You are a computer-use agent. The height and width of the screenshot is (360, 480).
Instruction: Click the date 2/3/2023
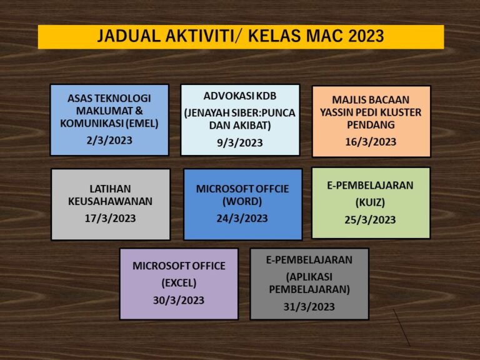tap(109, 140)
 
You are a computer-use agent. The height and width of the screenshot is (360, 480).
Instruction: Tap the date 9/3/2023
tap(240, 142)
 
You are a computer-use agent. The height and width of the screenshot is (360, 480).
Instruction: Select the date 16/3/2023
tap(371, 142)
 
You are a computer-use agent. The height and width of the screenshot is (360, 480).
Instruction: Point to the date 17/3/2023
tap(110, 218)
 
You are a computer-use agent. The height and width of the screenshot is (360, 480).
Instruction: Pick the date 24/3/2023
tap(242, 218)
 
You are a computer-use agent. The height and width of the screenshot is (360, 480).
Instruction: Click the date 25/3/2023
tap(370, 220)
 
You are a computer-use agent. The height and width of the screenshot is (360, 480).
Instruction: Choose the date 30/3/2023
tap(179, 300)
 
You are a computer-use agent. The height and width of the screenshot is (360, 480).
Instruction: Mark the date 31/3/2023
tap(309, 307)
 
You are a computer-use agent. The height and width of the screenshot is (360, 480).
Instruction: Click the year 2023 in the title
tap(366, 36)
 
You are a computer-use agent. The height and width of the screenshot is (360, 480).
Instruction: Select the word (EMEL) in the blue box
tap(142, 123)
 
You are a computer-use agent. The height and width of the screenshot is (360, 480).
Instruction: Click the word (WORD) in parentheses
tap(242, 201)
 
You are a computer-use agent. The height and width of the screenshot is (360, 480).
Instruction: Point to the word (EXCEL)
tap(179, 283)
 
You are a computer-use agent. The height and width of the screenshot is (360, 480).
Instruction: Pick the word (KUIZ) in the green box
tap(370, 202)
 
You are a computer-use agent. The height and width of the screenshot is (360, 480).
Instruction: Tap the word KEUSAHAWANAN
tap(110, 201)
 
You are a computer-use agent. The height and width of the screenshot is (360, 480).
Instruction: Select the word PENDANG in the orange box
tap(371, 125)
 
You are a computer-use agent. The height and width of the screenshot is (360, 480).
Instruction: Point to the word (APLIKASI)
tap(309, 277)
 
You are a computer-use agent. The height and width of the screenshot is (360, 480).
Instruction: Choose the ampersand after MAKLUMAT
tap(139, 111)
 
